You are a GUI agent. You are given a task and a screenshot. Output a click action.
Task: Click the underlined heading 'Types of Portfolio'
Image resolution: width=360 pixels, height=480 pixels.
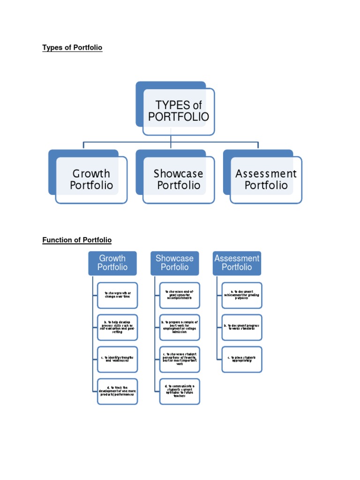pos(72,48)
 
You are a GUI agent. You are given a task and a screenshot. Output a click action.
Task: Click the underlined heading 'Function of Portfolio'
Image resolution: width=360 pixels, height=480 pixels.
pos(77,240)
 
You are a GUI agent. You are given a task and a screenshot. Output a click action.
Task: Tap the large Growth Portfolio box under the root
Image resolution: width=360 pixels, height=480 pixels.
pos(91,180)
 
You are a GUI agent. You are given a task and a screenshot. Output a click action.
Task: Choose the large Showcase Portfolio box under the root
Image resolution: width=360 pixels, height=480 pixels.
pos(179,180)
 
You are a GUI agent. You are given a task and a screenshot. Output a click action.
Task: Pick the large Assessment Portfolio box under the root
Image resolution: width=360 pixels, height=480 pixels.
pos(266,180)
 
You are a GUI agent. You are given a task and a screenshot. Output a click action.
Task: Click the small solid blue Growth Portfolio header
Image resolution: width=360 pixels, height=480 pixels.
pos(112,263)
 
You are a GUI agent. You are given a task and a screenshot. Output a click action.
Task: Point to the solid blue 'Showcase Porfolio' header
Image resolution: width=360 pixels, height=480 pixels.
pos(174,263)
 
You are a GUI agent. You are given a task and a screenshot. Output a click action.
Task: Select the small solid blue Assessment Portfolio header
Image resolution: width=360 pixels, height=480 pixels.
pos(237,263)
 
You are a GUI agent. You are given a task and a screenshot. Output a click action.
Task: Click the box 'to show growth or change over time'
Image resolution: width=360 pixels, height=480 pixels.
pos(118,295)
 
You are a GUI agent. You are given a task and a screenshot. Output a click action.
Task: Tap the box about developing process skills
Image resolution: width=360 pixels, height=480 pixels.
pos(118,327)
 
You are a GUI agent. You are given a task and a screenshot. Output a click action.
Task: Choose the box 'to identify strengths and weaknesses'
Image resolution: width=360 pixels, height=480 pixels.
pos(118,360)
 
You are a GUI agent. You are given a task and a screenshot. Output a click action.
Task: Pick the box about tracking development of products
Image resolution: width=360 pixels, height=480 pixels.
pos(118,391)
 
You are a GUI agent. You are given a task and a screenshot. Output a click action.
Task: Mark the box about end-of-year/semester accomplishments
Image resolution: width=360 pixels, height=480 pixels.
pos(180,295)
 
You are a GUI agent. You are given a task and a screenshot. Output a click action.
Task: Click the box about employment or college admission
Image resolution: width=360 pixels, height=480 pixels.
pos(180,327)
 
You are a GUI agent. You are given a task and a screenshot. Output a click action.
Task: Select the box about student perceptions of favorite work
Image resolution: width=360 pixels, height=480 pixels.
pos(180,360)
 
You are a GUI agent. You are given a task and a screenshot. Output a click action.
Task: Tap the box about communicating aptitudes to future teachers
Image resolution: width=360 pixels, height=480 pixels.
pos(180,391)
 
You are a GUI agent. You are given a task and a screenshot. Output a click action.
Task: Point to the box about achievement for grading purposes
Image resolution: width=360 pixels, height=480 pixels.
pos(242,295)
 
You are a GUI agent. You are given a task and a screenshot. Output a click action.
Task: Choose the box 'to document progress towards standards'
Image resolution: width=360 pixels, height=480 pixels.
pos(242,327)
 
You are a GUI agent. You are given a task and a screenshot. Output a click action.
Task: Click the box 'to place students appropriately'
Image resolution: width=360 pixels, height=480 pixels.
pos(242,360)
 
